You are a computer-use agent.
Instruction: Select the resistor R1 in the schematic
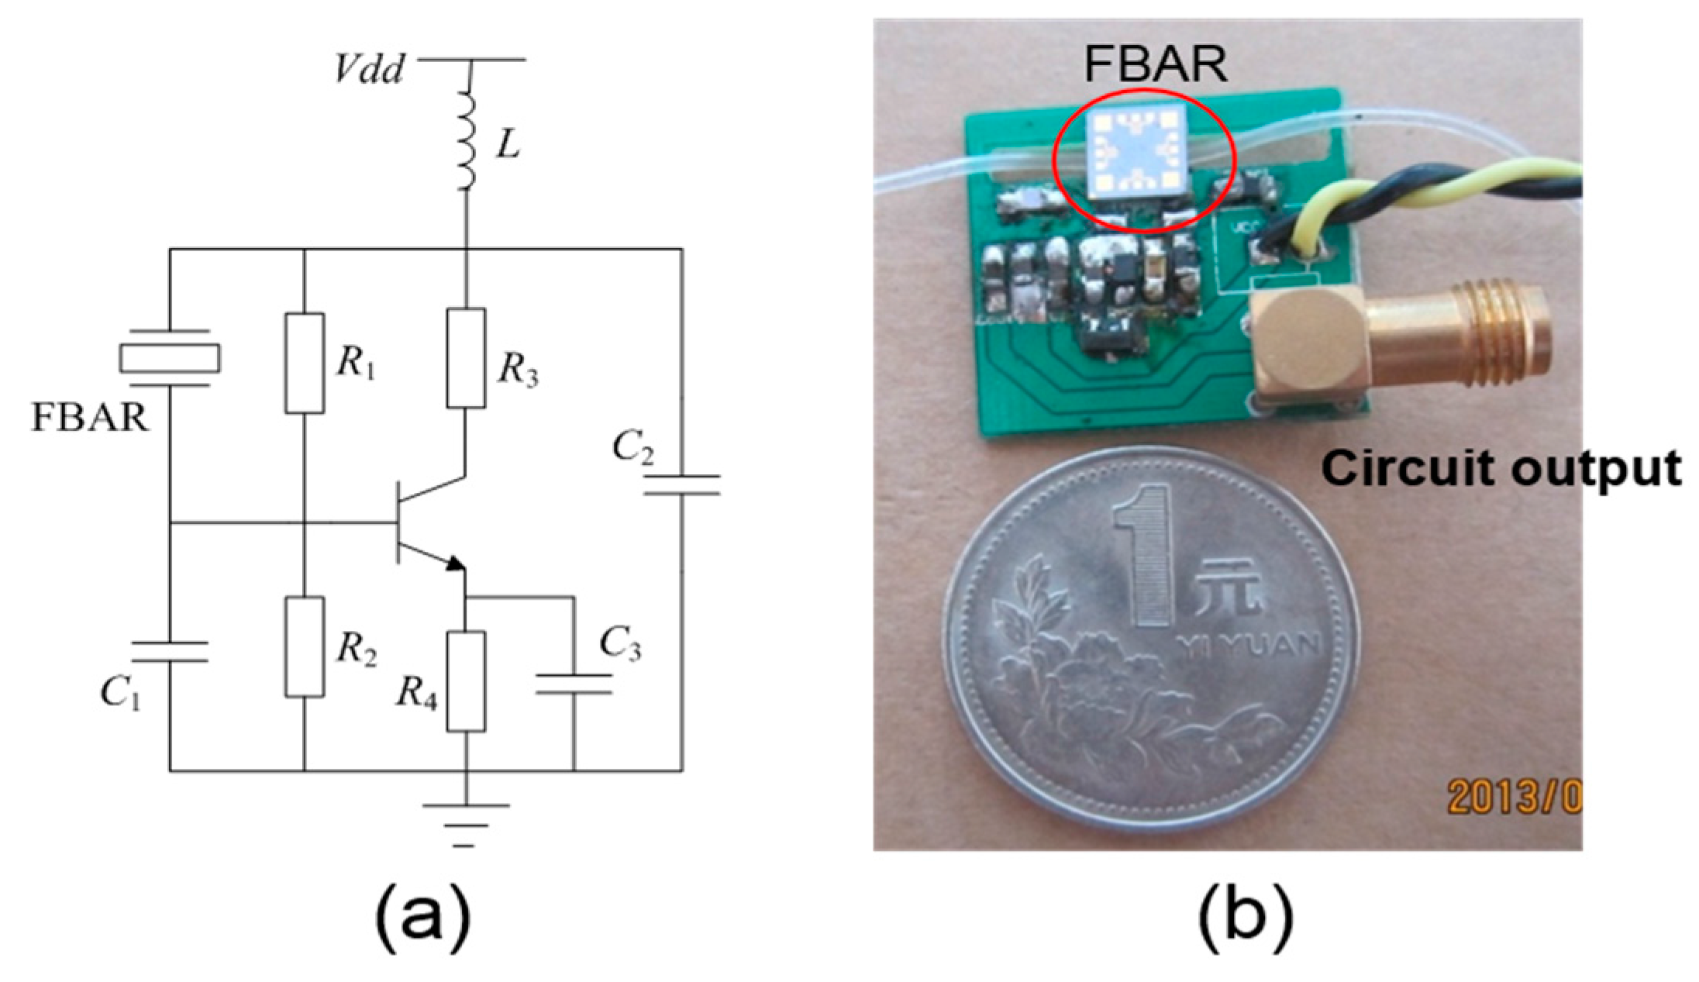304,363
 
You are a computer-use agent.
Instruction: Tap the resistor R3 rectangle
466,358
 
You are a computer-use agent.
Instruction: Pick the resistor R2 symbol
304,646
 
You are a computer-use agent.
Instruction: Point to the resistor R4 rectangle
466,681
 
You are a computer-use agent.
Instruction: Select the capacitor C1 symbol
169,651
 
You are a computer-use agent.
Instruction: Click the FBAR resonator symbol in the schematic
169,357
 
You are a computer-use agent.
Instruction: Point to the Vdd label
369,71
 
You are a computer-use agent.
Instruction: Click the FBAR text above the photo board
1155,64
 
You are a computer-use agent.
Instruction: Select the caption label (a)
422,915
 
